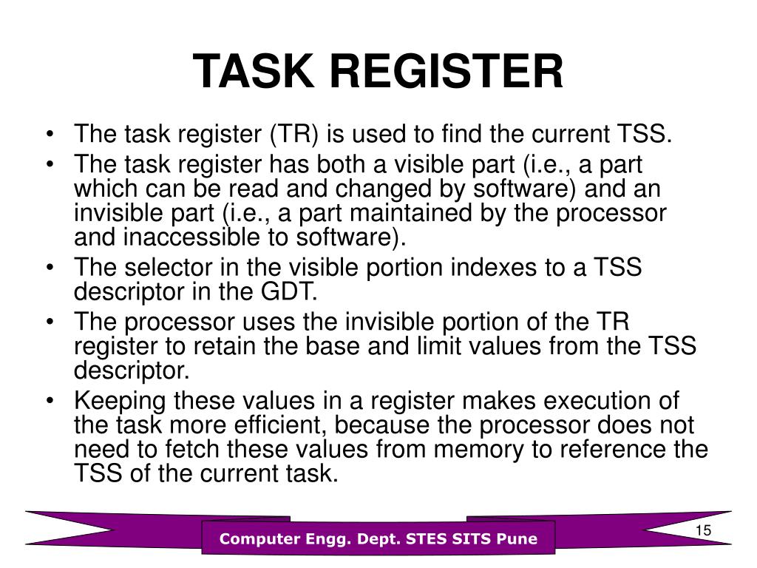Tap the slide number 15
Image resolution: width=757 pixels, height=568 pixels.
(703, 532)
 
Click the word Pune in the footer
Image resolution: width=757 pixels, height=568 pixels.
(517, 539)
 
